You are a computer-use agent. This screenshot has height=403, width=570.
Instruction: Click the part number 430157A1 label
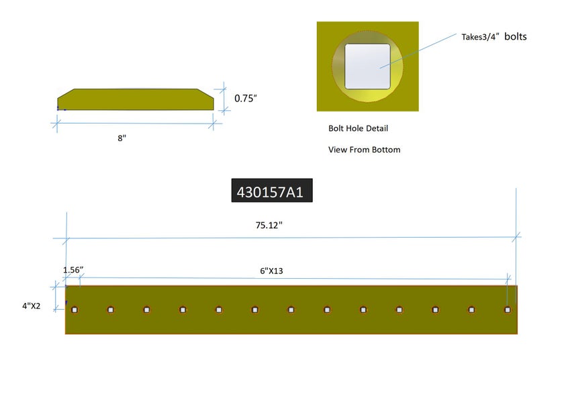[x=270, y=192]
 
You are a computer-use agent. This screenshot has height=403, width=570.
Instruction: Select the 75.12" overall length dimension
[x=269, y=226]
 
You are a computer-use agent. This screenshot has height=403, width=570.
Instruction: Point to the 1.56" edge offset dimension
[x=73, y=270]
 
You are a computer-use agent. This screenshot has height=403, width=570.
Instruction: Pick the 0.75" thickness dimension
[x=245, y=98]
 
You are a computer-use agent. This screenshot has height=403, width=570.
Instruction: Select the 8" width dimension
[x=122, y=138]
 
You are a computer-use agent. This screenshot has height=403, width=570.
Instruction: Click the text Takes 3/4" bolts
[x=493, y=36]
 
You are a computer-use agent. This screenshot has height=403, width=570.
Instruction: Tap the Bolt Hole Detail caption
[x=358, y=128]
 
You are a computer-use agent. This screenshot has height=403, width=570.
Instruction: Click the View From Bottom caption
[x=364, y=150]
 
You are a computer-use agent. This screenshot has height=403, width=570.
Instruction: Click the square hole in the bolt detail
[x=367, y=66]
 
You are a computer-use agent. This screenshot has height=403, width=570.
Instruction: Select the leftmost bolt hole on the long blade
[x=75, y=310]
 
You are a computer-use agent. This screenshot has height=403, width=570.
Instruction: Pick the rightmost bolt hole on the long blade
[x=508, y=310]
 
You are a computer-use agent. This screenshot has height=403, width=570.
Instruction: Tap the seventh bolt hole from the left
[x=291, y=310]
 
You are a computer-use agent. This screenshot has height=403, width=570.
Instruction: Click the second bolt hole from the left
[x=111, y=310]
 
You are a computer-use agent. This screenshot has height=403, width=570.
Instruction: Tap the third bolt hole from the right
[x=435, y=310]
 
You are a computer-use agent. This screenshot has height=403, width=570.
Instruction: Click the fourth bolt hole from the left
[x=183, y=310]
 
